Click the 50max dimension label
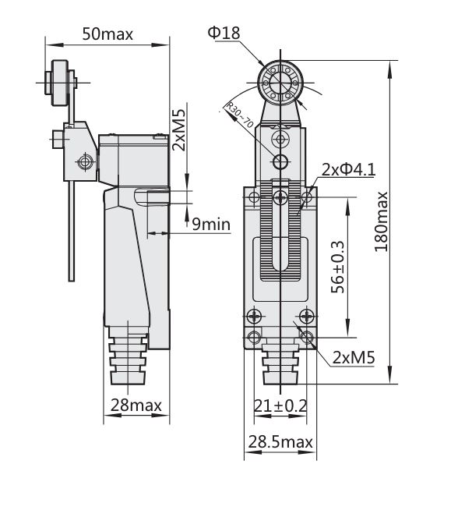coord(107,34)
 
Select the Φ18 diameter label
coord(224,32)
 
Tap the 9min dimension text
coord(210,225)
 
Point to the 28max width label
coord(136,405)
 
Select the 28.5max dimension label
coord(280,442)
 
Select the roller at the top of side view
coord(60,81)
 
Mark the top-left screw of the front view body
coord(254,198)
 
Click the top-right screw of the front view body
coord(308,198)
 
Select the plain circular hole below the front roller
coord(280,161)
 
